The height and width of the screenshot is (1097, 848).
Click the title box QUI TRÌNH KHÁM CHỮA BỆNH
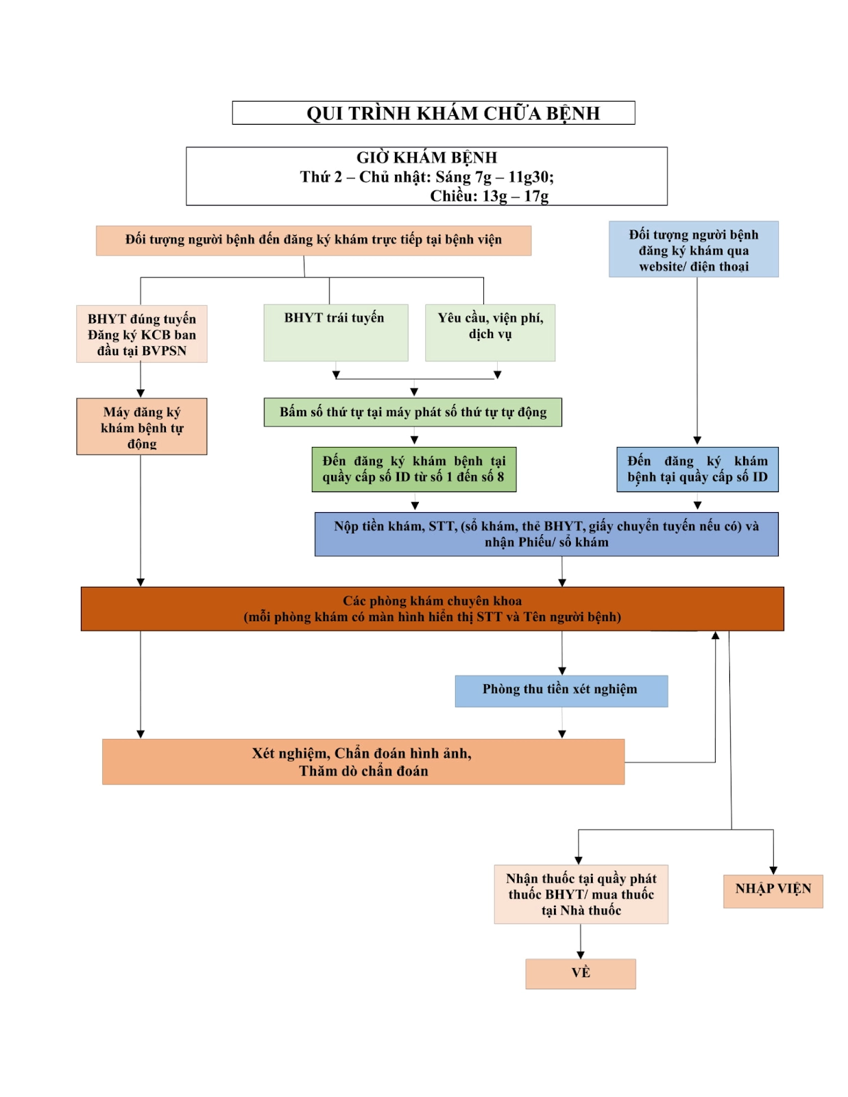click(433, 113)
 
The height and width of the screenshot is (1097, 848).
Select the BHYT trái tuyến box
click(335, 333)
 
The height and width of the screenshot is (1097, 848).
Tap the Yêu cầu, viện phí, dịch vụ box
click(489, 333)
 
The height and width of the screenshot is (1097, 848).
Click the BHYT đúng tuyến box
click(142, 334)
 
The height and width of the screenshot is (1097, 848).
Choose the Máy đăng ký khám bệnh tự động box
click(142, 426)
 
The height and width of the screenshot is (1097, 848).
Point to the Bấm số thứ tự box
click(413, 412)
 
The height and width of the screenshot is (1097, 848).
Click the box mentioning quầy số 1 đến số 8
click(413, 470)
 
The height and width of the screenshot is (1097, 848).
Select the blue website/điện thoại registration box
click(693, 250)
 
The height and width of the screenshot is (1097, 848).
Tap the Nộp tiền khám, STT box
click(546, 534)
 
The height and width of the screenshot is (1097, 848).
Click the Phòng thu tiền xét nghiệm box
click(561, 690)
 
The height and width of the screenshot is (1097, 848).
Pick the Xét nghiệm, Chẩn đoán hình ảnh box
click(363, 762)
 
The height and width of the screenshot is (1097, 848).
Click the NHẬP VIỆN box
click(773, 891)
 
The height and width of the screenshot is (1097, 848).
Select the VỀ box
click(580, 974)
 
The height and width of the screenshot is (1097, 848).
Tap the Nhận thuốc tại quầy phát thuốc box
click(581, 894)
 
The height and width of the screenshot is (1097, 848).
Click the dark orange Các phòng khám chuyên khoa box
click(432, 609)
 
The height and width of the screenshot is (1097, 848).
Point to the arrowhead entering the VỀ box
click(581, 955)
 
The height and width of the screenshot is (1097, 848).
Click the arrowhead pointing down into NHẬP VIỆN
click(773, 870)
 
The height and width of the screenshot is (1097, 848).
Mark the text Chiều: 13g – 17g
click(489, 196)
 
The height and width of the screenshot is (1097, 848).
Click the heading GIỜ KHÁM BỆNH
click(426, 158)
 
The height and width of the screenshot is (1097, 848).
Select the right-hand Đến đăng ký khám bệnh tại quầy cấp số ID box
click(697, 470)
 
